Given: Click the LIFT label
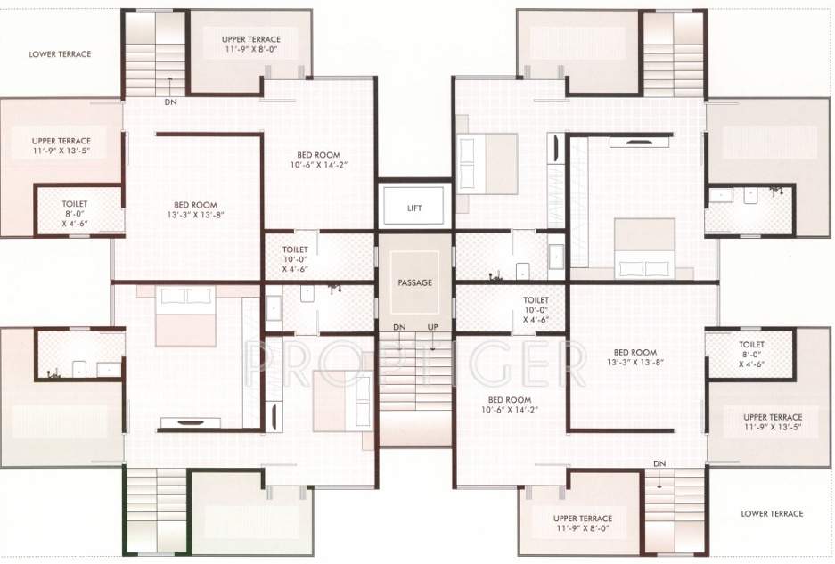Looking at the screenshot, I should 414,208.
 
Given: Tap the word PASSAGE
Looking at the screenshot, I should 414,282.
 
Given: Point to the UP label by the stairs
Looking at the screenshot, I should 432,327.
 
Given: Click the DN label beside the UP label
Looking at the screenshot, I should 399,327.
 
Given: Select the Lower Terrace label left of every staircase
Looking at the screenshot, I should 60,54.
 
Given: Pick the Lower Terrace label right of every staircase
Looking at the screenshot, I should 772,513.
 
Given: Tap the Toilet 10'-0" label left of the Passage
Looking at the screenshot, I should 295,258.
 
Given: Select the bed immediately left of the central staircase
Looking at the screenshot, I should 342,400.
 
